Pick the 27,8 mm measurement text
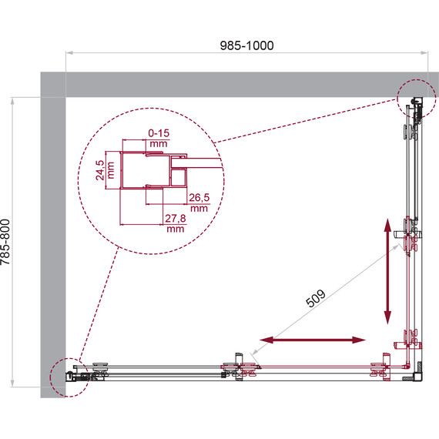175,223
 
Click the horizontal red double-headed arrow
312,340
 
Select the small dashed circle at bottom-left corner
67,377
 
